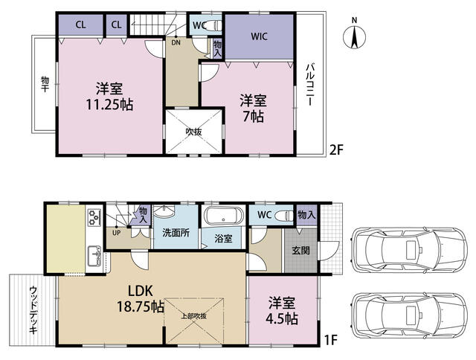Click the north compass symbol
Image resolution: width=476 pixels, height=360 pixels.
click(354, 36)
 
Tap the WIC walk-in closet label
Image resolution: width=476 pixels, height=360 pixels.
click(260, 36)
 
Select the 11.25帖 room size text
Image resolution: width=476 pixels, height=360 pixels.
click(109, 105)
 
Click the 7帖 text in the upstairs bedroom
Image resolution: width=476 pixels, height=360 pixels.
click(253, 116)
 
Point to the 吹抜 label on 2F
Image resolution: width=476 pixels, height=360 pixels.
click(193, 132)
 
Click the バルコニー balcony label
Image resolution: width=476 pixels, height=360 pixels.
click(309, 85)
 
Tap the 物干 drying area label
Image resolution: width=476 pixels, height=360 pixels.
click(45, 84)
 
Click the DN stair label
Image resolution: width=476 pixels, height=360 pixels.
click(176, 42)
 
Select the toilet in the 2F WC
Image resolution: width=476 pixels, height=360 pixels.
click(215, 25)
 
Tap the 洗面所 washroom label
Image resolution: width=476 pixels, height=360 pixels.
click(176, 233)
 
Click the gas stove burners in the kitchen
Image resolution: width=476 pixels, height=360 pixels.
click(94, 216)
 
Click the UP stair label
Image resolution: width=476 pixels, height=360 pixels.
click(117, 233)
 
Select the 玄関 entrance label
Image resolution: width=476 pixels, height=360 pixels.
click(300, 251)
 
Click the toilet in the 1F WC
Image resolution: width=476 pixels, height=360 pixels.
click(284, 215)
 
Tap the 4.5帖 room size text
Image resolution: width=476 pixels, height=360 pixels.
click(282, 319)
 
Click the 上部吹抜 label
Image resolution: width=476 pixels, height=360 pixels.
click(193, 315)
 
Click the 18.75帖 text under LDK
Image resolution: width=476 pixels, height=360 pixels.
click(141, 307)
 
